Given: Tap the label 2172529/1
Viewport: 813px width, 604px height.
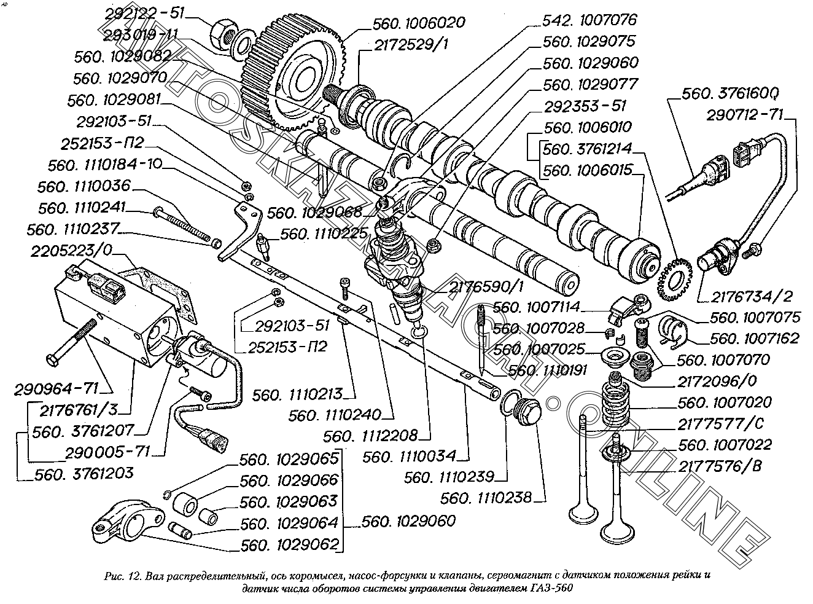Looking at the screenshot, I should click(x=414, y=45).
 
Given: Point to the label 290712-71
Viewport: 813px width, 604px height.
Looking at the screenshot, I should click(x=745, y=114).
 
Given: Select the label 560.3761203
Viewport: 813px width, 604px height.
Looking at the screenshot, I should click(x=85, y=474).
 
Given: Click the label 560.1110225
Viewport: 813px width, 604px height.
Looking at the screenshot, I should click(x=325, y=233).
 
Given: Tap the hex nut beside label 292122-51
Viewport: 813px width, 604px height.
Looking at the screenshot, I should click(x=223, y=31).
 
